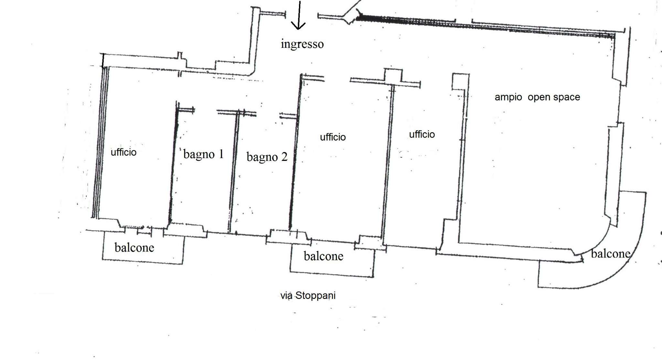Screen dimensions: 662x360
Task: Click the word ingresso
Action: click(302, 44)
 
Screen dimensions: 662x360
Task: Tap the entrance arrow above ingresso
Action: click(299, 16)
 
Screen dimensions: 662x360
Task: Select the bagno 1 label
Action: click(203, 154)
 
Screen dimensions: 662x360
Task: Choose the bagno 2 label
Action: click(267, 157)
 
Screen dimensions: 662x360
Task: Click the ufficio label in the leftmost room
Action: click(123, 152)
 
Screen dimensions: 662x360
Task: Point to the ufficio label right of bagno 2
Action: click(333, 137)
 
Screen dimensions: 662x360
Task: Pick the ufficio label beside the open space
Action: click(422, 134)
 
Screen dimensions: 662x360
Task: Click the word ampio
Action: click(508, 97)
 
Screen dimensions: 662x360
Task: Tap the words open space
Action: click(554, 97)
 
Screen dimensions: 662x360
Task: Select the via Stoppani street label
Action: click(308, 295)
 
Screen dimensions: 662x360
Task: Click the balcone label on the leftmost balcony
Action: click(134, 248)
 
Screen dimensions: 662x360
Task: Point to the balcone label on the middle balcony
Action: click(323, 256)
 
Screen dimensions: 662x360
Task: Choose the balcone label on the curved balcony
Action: click(611, 253)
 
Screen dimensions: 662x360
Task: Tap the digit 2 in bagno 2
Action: click(284, 157)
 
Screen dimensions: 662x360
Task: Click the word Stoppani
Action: click(315, 295)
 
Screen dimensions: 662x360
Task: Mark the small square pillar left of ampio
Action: click(460, 81)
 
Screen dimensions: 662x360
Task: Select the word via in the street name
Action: click(286, 295)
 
